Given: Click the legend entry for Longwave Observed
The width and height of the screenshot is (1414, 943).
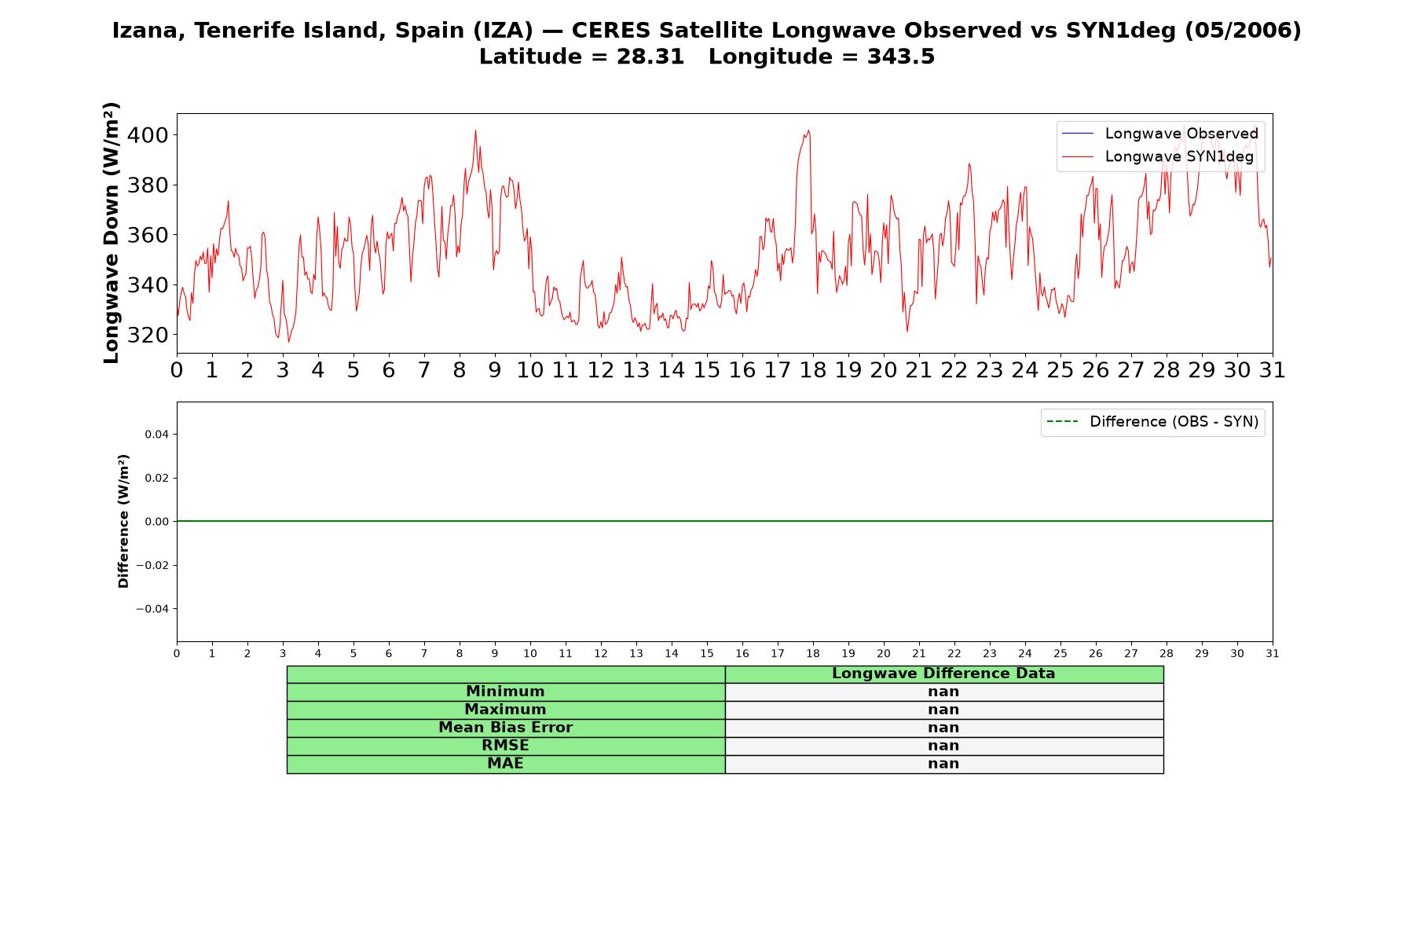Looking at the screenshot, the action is (x=1160, y=134).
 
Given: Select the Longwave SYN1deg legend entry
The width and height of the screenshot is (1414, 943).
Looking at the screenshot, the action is (x=1158, y=156).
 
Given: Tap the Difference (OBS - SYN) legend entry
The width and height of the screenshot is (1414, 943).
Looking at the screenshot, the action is (x=1152, y=422).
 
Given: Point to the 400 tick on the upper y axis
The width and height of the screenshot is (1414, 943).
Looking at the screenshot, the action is (x=147, y=135).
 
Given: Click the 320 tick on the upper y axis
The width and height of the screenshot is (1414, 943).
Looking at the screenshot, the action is (x=147, y=335).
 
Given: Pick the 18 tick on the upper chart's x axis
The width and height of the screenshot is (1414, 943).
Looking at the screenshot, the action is (x=813, y=370).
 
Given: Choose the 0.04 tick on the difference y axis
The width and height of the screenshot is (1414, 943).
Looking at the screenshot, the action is (x=156, y=435).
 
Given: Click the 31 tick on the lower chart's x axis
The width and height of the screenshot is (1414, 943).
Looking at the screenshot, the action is (x=1273, y=654).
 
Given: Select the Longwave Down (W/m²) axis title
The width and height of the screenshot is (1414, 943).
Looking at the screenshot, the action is (x=112, y=233).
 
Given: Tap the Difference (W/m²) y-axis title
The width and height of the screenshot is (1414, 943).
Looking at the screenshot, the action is (x=123, y=521).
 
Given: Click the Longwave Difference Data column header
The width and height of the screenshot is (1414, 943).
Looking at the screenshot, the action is (x=943, y=673).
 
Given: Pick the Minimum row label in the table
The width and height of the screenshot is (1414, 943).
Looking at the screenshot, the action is (x=505, y=692).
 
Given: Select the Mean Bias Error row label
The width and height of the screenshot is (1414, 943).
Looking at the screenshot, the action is (x=505, y=728).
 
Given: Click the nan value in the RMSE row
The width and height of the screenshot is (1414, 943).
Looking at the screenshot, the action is (x=943, y=746).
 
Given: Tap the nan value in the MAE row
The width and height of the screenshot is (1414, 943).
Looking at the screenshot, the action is (x=943, y=764).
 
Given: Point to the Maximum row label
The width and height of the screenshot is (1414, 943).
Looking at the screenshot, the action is (x=505, y=710).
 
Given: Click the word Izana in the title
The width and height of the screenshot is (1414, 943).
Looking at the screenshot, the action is (x=149, y=31).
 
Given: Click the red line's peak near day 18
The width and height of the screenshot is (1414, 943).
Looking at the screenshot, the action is (x=808, y=130).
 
